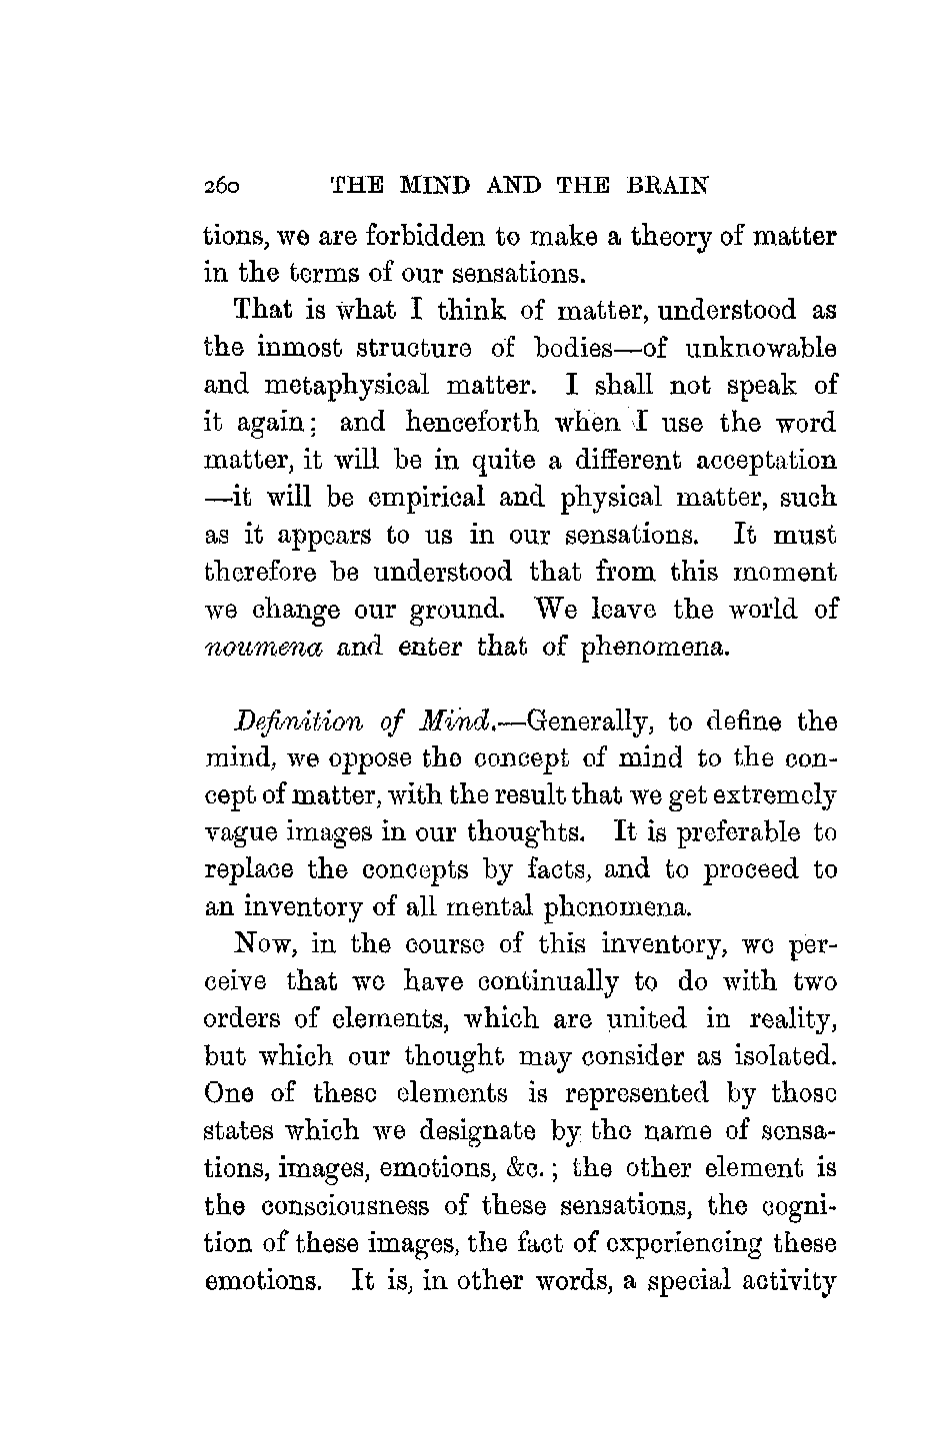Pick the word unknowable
760,349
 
